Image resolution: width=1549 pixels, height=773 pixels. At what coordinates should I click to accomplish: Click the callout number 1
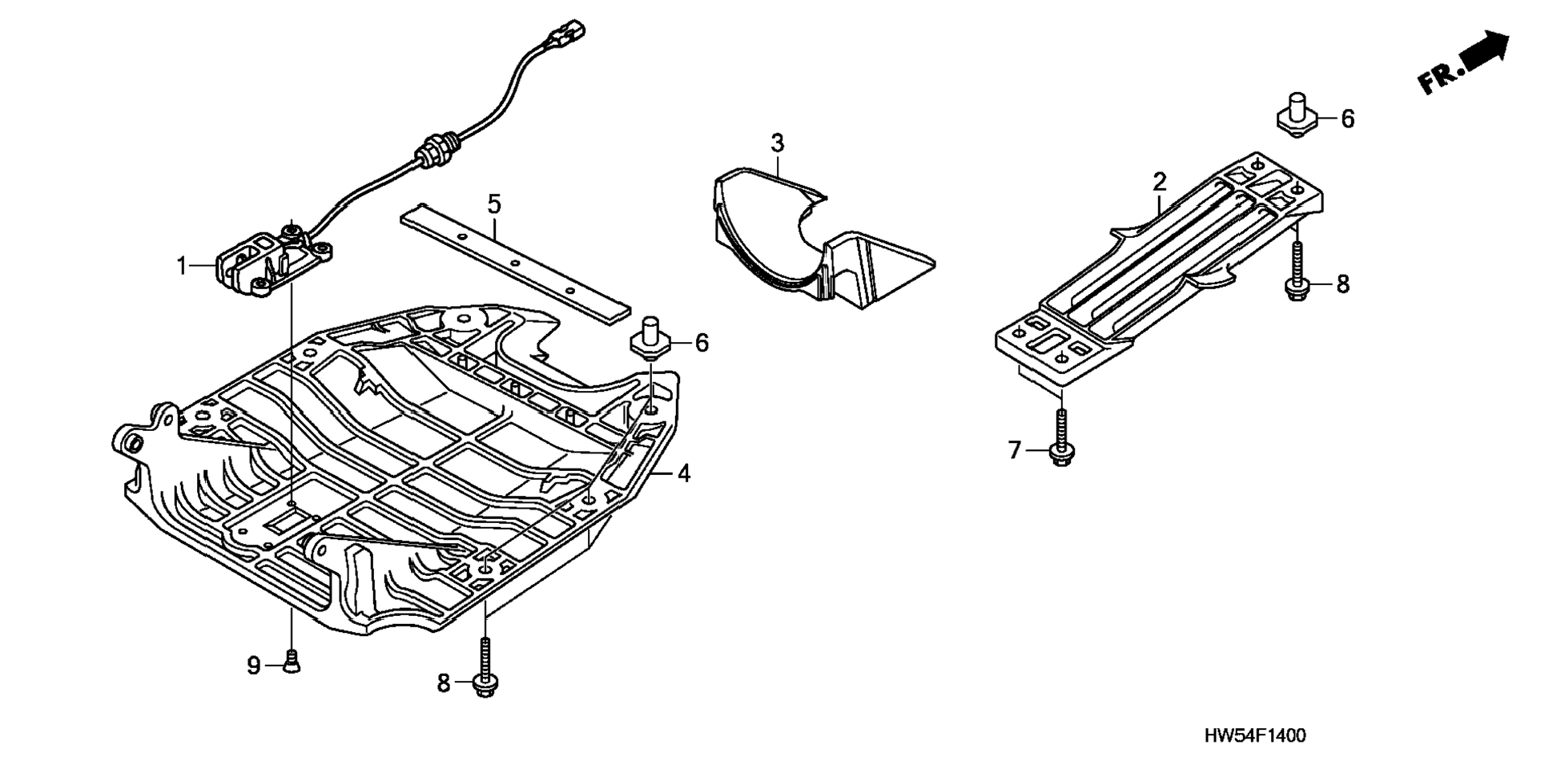[182, 265]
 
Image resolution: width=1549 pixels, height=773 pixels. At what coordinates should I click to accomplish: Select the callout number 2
[1160, 182]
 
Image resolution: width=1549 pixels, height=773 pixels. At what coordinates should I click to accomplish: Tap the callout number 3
[777, 143]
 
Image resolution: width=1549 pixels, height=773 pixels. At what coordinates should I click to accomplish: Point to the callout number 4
[683, 473]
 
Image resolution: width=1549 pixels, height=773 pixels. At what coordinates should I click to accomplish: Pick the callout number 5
[494, 203]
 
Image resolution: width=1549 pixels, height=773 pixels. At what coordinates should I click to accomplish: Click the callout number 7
[1015, 451]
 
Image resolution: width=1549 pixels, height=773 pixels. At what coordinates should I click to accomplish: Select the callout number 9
[254, 665]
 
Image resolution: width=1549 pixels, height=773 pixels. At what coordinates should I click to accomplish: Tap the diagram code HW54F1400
[1254, 735]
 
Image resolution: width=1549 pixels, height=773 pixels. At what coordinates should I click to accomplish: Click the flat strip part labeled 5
[517, 263]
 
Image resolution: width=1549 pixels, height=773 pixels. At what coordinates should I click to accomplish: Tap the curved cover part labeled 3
[809, 240]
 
